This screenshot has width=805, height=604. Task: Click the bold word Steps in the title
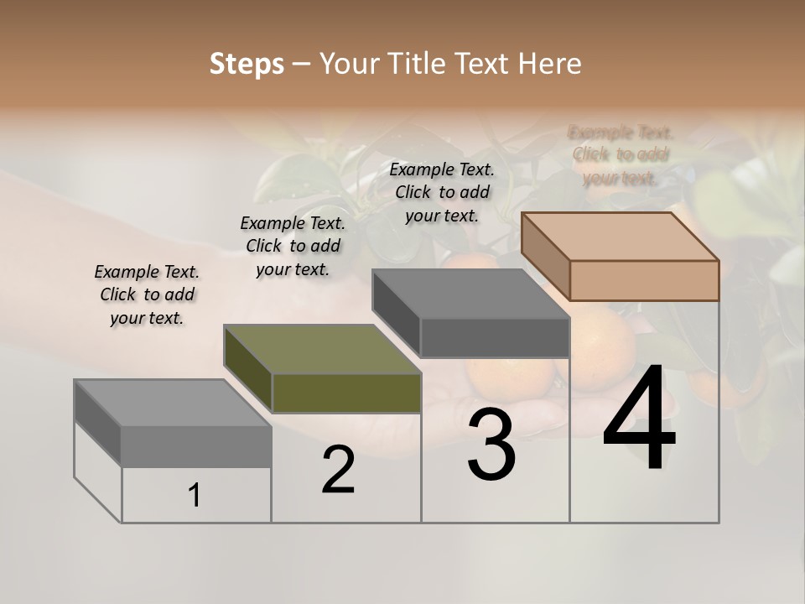tap(247, 64)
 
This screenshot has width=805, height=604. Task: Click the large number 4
tap(639, 419)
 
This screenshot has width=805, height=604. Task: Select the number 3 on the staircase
tap(491, 445)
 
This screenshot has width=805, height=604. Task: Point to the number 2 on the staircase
tap(339, 470)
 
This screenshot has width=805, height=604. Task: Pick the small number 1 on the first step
tap(195, 496)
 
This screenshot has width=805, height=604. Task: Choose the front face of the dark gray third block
tap(495, 337)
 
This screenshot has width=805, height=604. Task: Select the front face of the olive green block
tap(346, 393)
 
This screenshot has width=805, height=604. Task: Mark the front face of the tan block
tap(644, 280)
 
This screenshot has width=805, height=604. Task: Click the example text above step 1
tap(147, 294)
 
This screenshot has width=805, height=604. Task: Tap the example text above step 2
tap(293, 246)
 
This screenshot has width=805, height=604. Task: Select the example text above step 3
tap(442, 192)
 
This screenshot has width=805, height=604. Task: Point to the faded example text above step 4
tap(621, 155)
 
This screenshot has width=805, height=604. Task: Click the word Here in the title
tap(552, 64)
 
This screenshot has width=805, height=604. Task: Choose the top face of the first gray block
tap(173, 403)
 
